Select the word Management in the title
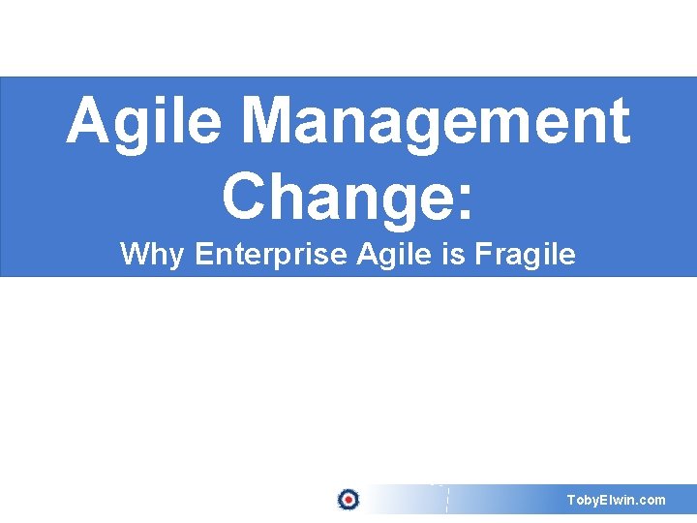435,123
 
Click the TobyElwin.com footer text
617,500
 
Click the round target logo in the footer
348,500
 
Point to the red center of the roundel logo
348,500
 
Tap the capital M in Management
268,123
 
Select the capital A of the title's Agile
88,123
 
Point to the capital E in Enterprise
202,255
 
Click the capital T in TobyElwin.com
571,500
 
